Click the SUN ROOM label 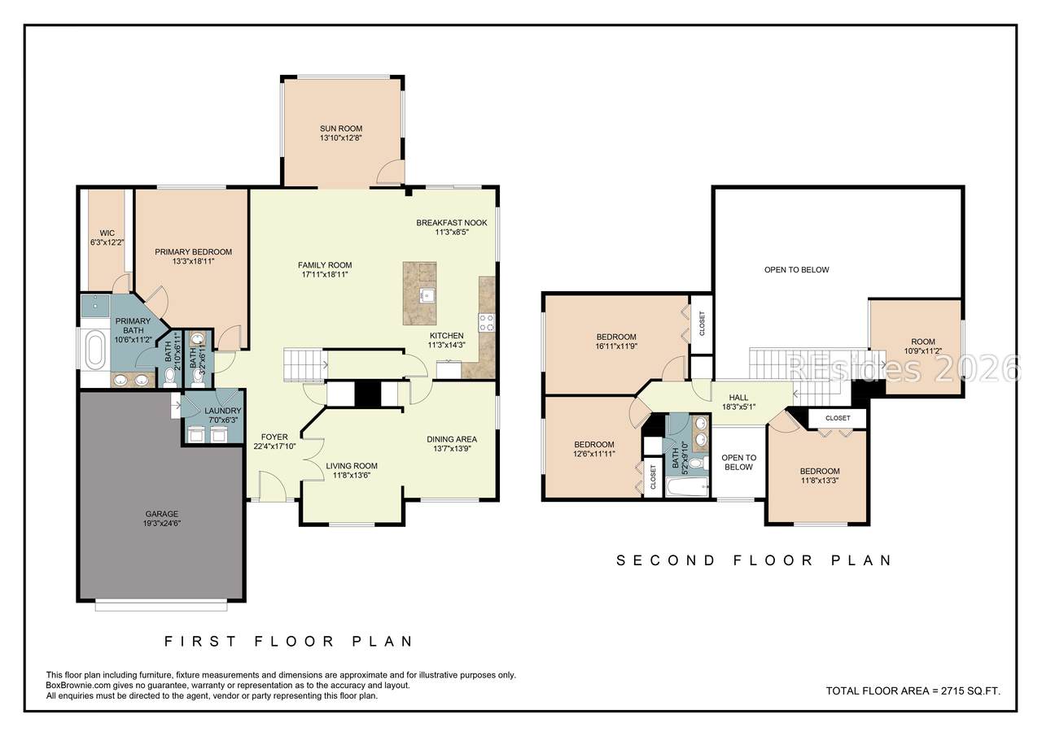click(x=341, y=128)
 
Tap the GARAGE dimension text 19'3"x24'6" click(x=162, y=523)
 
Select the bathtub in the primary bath click(x=96, y=350)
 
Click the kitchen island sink click(x=426, y=295)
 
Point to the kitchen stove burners click(x=487, y=323)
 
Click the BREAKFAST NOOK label click(x=451, y=223)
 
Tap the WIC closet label click(x=107, y=233)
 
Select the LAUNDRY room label click(x=223, y=411)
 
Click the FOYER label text click(x=274, y=437)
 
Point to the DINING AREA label click(x=452, y=439)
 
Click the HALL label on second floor click(x=738, y=397)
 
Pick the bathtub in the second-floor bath click(x=687, y=487)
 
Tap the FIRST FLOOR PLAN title click(x=289, y=641)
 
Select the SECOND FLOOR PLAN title click(x=754, y=560)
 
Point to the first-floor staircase click(x=304, y=365)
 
